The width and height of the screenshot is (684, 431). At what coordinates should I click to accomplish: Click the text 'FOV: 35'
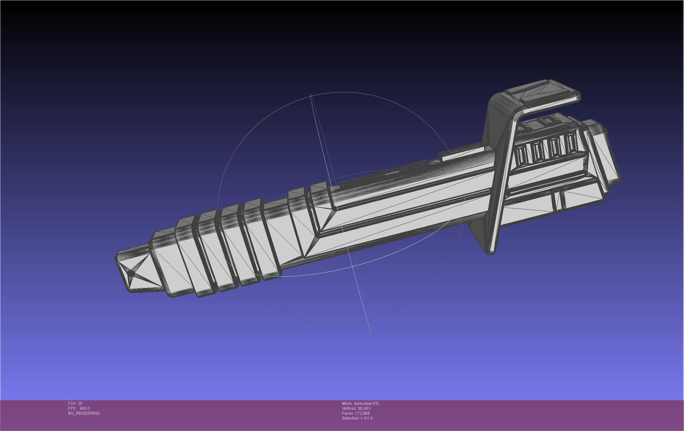[75, 404]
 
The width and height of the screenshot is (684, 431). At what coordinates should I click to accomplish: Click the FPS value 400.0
[85, 408]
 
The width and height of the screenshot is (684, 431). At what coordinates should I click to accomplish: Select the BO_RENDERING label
[84, 413]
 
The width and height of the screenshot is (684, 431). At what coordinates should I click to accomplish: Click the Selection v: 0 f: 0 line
[357, 418]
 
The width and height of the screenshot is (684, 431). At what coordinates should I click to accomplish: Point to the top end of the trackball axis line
[310, 95]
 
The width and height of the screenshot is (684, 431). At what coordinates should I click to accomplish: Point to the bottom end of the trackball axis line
[372, 335]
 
